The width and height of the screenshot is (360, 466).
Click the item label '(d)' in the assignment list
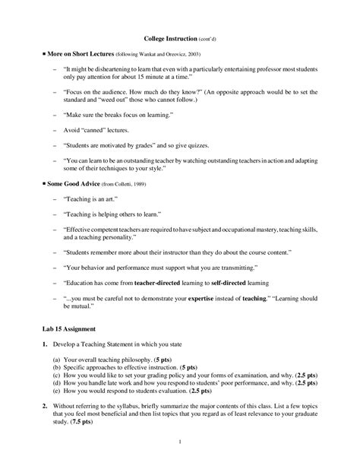pos(57,385)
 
